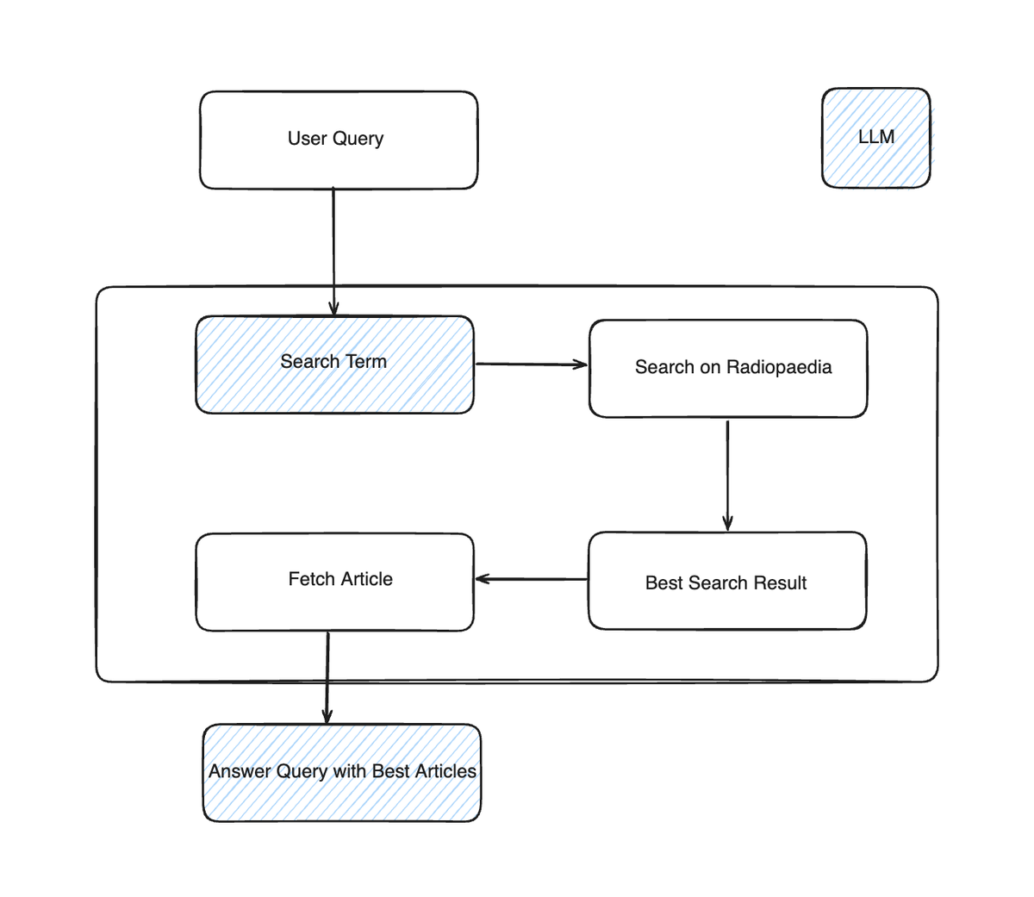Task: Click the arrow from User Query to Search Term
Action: coord(333,250)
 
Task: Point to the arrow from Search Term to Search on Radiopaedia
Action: coord(530,364)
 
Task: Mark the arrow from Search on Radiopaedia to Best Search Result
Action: coord(728,474)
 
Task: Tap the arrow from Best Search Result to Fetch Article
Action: coord(532,579)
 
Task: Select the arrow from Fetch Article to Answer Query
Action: coord(327,676)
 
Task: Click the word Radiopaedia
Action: coord(779,367)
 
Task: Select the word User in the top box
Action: coord(307,138)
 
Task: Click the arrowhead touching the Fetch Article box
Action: coord(483,579)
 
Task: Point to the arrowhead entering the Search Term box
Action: coord(333,308)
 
